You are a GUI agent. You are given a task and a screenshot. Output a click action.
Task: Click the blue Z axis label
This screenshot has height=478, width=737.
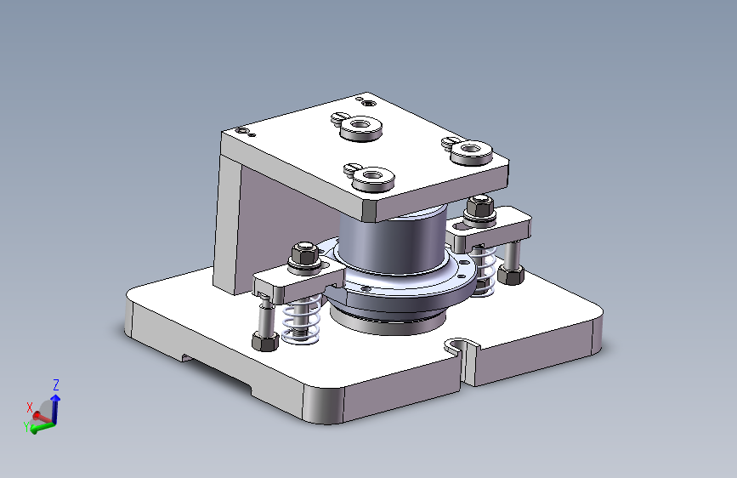pyautogui.click(x=56, y=384)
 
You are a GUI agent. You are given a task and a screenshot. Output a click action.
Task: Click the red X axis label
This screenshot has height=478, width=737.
pyautogui.click(x=30, y=407)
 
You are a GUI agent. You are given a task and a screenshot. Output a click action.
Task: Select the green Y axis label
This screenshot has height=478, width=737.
pyautogui.click(x=26, y=426)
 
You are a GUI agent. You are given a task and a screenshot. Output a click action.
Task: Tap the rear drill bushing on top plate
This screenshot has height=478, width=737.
pyautogui.click(x=360, y=128)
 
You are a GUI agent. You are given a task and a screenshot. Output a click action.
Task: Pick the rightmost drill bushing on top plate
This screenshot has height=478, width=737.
pyautogui.click(x=472, y=152)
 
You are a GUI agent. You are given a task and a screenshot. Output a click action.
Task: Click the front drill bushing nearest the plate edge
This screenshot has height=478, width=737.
pyautogui.click(x=373, y=179)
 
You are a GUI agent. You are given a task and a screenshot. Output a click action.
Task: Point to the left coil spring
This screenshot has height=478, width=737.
pyautogui.click(x=301, y=318)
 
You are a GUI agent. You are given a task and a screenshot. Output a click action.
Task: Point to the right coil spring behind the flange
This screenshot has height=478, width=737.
pyautogui.click(x=484, y=271)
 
